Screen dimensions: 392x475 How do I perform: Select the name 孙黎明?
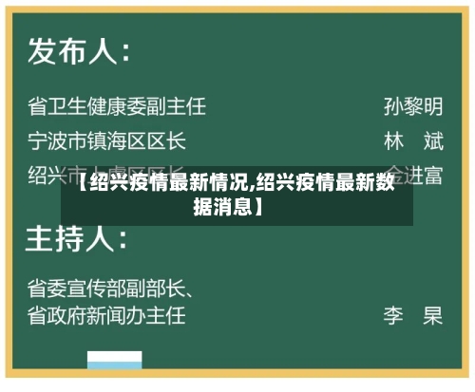pyautogui.click(x=413, y=104)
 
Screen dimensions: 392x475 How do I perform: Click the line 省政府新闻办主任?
pyautogui.click(x=106, y=314)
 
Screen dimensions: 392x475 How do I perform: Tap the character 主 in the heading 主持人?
pyautogui.click(x=44, y=237)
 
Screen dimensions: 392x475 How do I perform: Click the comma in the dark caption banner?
pyautogui.click(x=251, y=186)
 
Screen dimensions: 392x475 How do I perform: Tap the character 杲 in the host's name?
pyautogui.click(x=433, y=314)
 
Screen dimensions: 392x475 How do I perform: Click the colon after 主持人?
pyautogui.click(x=124, y=241)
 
